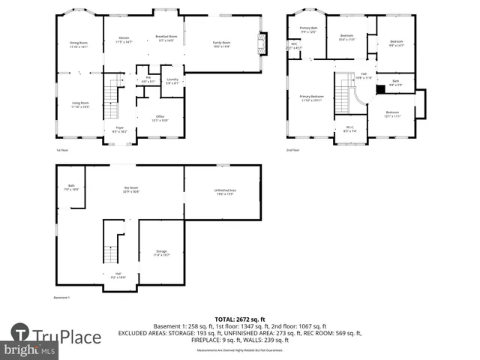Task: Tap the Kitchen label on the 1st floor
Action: click(124, 40)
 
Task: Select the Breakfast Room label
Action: click(166, 38)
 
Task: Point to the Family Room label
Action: click(220, 44)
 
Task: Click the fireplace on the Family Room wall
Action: click(261, 43)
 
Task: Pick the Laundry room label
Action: click(172, 81)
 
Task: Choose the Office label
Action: click(160, 118)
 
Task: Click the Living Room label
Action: click(80, 104)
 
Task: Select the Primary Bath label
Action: click(308, 30)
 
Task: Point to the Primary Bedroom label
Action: click(312, 97)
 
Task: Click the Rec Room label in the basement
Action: click(131, 189)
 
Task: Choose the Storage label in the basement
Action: click(161, 253)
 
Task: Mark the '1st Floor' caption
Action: click(63, 150)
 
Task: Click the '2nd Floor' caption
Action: click(292, 150)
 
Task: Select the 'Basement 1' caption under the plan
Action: click(61, 298)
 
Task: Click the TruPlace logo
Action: click(56, 337)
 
